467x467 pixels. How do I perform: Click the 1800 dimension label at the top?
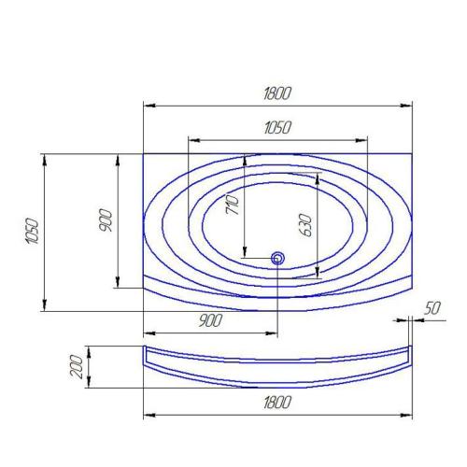point(277,92)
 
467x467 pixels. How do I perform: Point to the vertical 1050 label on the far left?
point(32,233)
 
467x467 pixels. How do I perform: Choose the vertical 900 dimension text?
point(106,220)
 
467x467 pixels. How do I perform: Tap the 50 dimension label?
point(432,307)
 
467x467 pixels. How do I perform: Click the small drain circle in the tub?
point(277,258)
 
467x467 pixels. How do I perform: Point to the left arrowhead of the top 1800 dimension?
point(147,105)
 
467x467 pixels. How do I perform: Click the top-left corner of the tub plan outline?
point(143,153)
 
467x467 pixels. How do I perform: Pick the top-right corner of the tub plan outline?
point(412,153)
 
